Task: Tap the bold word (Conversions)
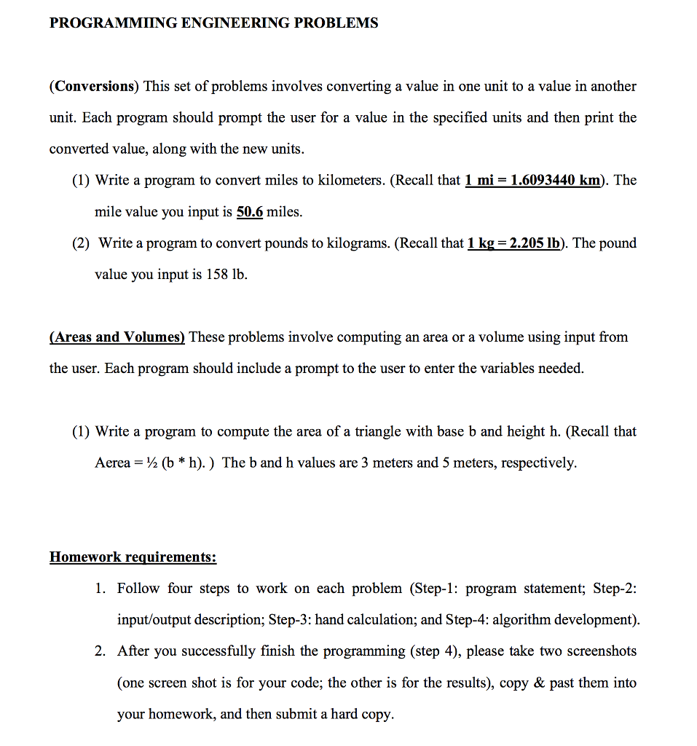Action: pyautogui.click(x=94, y=87)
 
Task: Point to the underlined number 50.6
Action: pyautogui.click(x=250, y=212)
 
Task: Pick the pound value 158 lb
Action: pyautogui.click(x=226, y=275)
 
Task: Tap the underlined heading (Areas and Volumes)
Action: pyautogui.click(x=117, y=337)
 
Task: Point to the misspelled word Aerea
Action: pyautogui.click(x=112, y=463)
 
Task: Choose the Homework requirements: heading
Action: pyautogui.click(x=133, y=557)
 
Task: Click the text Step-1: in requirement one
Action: pyautogui.click(x=434, y=588)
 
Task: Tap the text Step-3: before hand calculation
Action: pyautogui.click(x=290, y=620)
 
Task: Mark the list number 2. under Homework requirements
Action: pyautogui.click(x=101, y=651)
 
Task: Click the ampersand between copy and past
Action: pyautogui.click(x=539, y=683)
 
